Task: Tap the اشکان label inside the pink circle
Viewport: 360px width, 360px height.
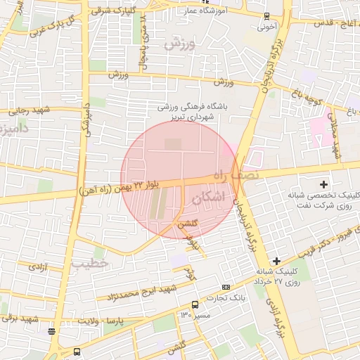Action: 215,199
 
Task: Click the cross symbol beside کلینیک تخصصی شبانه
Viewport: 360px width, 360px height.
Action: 323,184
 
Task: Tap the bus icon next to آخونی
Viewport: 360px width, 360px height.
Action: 266,15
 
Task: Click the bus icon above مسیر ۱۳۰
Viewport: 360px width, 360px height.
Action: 195,304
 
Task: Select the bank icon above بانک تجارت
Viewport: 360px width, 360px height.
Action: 226,287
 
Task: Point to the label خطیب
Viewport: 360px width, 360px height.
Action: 89,262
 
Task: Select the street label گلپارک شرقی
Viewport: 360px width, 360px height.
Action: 115,11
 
